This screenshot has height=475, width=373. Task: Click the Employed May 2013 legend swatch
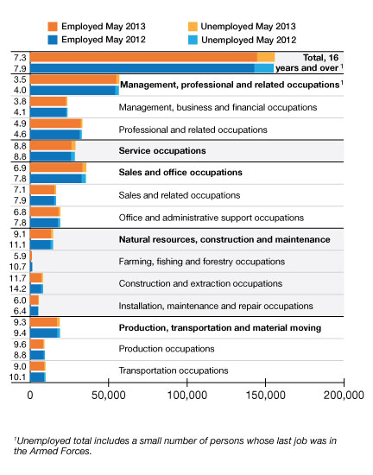point(53,27)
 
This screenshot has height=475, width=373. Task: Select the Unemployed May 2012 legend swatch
point(193,40)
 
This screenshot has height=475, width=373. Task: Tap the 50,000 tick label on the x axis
point(109,396)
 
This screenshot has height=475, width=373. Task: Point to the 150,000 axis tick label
point(265,396)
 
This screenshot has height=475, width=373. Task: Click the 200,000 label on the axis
point(344,396)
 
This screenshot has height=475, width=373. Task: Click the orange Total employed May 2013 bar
point(144,57)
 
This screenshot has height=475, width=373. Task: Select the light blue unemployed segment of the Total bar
point(263,68)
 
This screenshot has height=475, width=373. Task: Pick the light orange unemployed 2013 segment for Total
point(266,57)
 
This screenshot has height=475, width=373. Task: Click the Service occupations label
point(162,151)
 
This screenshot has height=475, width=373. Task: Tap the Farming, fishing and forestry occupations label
point(202,262)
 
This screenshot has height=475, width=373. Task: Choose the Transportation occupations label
point(174,370)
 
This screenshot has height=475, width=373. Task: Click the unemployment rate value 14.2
point(18,289)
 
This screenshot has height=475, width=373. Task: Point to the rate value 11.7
point(18,278)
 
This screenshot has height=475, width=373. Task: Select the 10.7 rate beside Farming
point(18,267)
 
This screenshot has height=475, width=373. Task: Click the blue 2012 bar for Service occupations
point(51,156)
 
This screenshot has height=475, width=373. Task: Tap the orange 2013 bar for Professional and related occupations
point(56,123)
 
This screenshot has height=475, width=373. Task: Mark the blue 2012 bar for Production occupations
point(37,355)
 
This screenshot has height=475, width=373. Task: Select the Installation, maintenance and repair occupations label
point(216,306)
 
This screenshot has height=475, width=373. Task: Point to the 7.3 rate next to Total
point(20,58)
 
